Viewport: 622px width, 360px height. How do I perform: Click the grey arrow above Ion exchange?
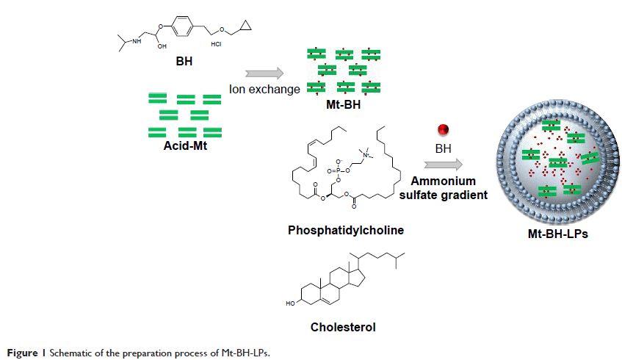tap(265, 73)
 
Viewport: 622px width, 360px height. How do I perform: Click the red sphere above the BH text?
tap(442, 130)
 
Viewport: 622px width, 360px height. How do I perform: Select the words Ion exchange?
tap(264, 90)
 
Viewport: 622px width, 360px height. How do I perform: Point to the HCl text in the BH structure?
tap(217, 44)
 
